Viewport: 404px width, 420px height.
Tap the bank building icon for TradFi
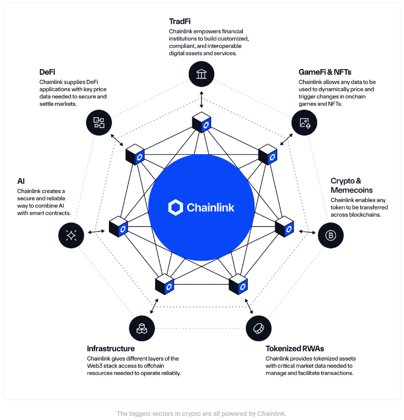tap(201, 75)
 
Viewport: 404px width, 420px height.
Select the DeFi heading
tap(48, 71)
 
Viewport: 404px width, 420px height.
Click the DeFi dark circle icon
tap(98, 122)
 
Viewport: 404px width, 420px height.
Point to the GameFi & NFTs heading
tap(325, 72)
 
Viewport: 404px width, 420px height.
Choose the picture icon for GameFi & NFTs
tap(304, 123)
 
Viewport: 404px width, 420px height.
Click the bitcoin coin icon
tap(330, 236)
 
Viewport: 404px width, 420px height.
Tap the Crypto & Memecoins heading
tap(346, 185)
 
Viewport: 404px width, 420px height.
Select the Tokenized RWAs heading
tap(295, 349)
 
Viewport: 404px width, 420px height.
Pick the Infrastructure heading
tap(111, 349)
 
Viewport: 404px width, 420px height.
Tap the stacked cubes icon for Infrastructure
tap(142, 328)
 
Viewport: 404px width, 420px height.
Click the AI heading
tap(21, 181)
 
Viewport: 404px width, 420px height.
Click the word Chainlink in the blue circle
tap(211, 207)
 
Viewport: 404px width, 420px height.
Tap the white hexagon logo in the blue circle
tap(175, 207)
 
